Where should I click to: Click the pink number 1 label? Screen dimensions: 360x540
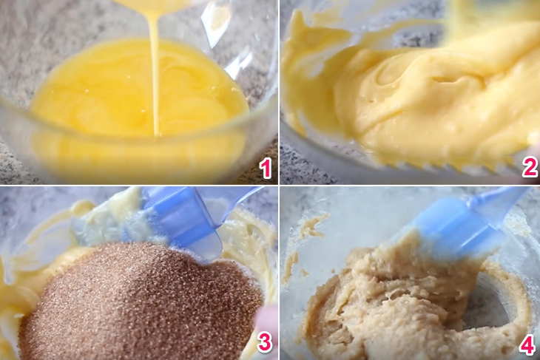(266, 169)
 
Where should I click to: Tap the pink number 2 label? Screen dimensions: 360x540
(530, 168)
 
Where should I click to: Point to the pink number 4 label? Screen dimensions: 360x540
(526, 344)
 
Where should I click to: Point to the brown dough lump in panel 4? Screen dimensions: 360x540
(399, 303)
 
